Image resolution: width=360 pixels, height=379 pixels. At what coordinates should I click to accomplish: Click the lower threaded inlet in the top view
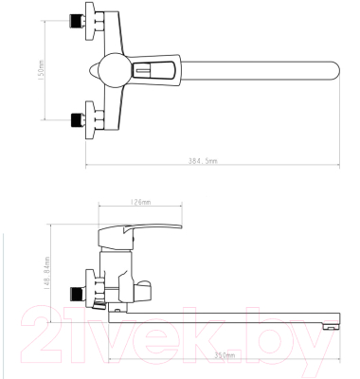click(77, 119)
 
